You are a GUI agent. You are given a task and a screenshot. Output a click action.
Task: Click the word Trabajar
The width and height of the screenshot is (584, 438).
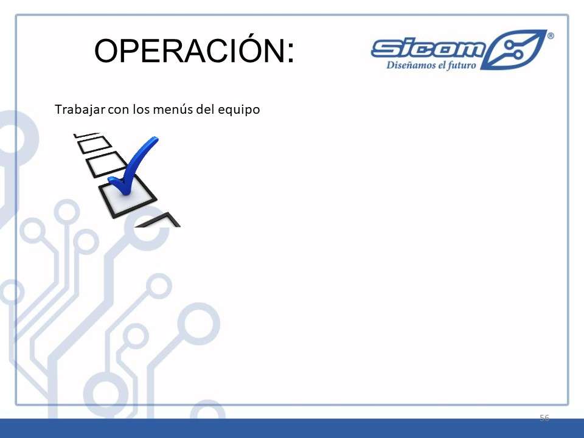click(80, 109)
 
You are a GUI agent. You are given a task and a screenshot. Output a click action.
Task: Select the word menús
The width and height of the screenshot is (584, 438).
click(170, 109)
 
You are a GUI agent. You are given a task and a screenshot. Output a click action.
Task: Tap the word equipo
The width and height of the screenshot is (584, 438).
click(238, 110)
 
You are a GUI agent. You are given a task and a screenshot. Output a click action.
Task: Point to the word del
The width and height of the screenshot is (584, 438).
click(203, 109)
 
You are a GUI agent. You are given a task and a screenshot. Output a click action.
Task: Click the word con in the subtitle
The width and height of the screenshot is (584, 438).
click(119, 110)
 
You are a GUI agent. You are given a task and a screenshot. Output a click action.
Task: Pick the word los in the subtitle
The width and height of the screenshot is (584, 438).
click(141, 109)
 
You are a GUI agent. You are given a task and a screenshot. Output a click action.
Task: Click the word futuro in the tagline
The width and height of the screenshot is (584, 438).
click(462, 66)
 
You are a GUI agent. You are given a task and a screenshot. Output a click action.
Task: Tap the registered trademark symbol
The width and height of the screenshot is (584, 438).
click(551, 36)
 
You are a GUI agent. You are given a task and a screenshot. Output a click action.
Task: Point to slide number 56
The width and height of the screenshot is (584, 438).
click(544, 417)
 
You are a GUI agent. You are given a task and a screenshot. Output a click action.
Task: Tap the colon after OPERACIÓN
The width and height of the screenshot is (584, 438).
click(291, 53)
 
